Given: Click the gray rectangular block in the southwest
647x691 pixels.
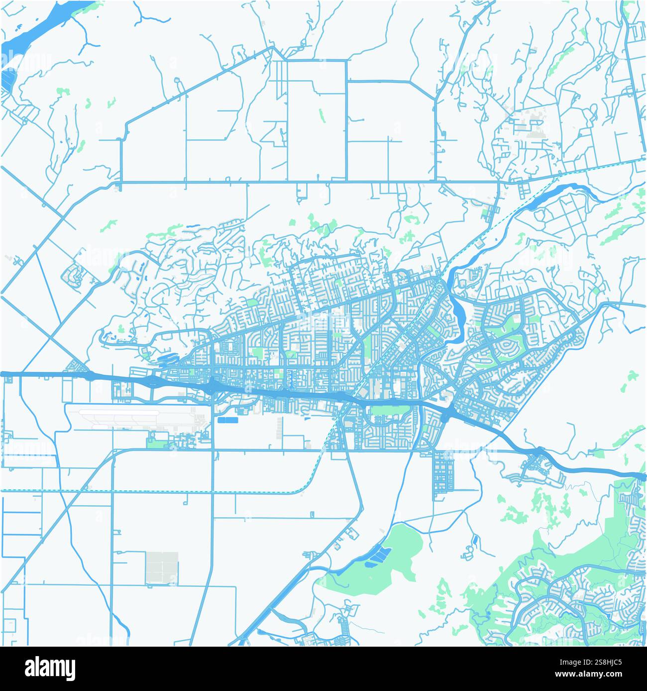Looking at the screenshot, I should (162, 567).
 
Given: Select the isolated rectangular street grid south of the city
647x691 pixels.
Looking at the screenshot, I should (443, 471).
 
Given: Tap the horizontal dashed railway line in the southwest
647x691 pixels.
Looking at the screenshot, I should (149, 491).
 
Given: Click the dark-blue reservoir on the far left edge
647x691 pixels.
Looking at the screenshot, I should (7, 80).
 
